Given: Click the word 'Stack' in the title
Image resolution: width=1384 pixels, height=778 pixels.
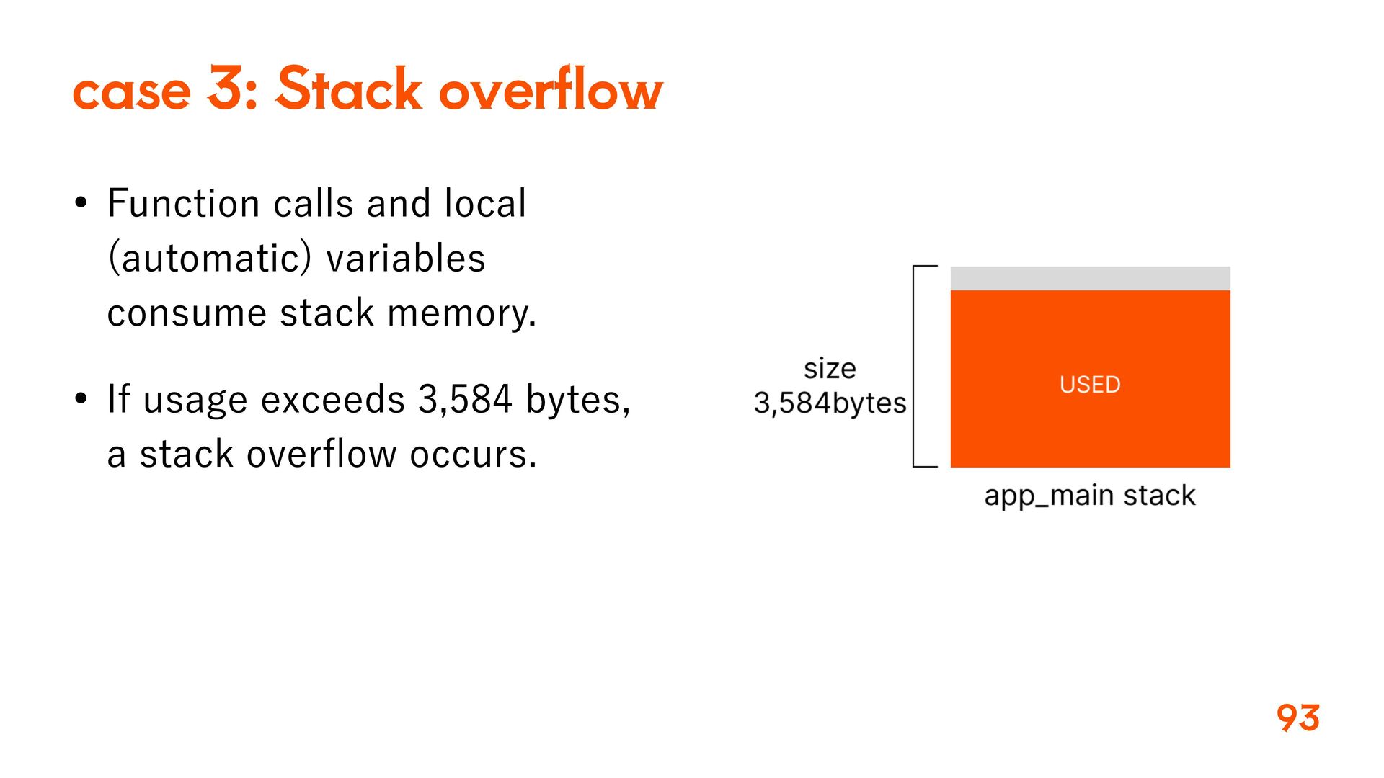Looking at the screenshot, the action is (348, 89).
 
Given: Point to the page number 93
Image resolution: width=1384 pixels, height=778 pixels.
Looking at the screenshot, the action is (1297, 717).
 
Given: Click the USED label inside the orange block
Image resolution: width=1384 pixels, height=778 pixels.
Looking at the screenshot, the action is (1090, 385).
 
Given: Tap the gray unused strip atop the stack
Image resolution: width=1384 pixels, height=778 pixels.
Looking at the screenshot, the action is (1090, 278).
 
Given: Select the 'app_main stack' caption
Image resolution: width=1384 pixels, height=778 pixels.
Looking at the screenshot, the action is (1090, 496).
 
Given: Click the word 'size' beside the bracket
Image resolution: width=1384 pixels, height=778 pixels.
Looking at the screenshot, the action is (830, 369).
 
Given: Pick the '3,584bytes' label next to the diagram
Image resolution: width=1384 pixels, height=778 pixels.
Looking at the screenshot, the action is (830, 403).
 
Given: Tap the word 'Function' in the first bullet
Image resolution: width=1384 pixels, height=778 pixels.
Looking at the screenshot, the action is (183, 203).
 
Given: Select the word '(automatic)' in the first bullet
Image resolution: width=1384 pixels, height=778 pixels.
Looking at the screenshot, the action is (209, 258).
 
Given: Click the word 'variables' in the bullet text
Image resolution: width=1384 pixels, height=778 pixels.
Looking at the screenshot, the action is (406, 258).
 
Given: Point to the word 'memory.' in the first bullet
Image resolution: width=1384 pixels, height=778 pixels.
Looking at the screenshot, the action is (461, 314).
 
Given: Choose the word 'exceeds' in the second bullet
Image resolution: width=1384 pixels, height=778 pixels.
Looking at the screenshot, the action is (333, 399).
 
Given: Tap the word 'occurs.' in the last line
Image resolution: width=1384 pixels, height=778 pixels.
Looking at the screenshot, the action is (473, 454).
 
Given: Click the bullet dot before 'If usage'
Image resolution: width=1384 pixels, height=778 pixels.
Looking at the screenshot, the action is (81, 398).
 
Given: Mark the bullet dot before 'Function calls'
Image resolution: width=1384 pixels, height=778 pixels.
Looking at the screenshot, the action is (81, 203).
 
